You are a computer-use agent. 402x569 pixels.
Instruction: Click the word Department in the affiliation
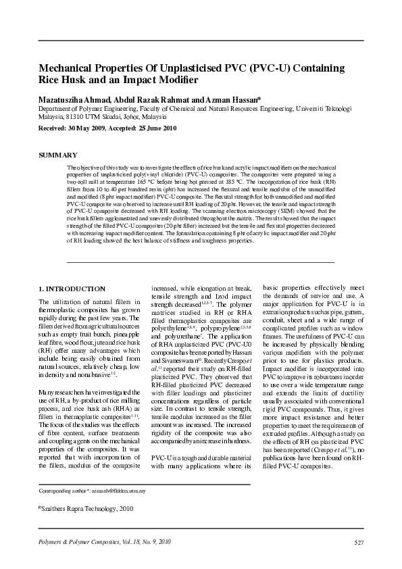pos(56,108)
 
